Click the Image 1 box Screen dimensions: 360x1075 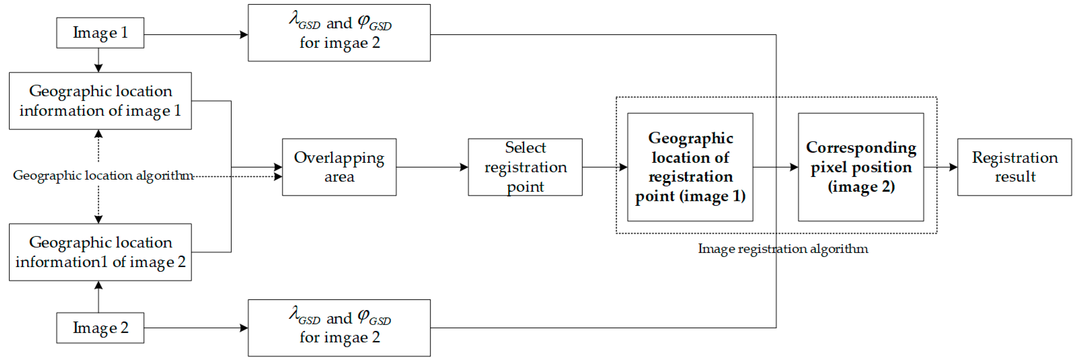tap(100, 33)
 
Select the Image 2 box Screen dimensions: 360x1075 tap(100, 328)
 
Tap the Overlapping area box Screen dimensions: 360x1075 tap(339, 167)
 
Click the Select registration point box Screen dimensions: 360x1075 tap(525, 167)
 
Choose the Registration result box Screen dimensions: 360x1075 tap(1014, 167)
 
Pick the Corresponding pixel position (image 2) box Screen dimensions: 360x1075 tap(861, 167)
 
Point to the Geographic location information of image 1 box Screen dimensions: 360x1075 tap(100, 101)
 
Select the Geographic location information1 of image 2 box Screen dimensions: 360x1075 tap(100, 252)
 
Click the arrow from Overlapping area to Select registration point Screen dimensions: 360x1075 tap(432, 167)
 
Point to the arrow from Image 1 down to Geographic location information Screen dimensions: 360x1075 tap(98, 60)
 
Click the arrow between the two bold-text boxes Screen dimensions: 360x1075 tap(775, 167)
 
